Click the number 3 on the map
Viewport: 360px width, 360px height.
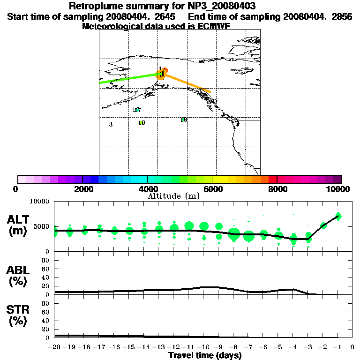tap(111, 124)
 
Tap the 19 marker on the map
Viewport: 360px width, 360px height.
tap(142, 123)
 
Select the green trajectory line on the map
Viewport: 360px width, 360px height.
tap(127, 79)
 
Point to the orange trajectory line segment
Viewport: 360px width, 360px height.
tap(187, 83)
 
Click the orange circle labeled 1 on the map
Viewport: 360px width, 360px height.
tap(161, 75)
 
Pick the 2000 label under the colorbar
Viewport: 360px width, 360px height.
tap(82, 189)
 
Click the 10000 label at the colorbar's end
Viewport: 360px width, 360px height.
tap(339, 189)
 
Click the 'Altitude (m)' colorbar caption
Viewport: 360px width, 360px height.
tap(174, 196)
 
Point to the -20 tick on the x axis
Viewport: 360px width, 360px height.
tap(55, 347)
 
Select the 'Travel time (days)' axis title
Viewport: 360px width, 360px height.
tap(205, 356)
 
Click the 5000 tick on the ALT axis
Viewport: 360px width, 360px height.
tap(41, 226)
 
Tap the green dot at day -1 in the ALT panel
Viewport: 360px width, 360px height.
tap(338, 216)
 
